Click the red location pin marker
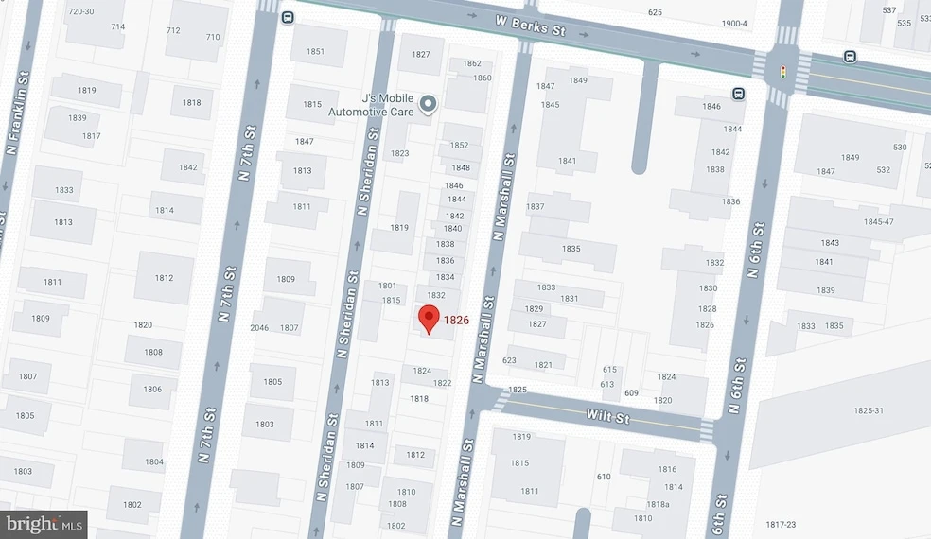(429, 320)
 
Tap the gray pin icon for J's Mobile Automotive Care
(427, 104)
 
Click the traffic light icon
(782, 71)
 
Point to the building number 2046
(259, 328)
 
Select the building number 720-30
(81, 11)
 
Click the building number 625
(655, 12)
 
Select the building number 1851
(315, 51)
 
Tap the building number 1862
(472, 63)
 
